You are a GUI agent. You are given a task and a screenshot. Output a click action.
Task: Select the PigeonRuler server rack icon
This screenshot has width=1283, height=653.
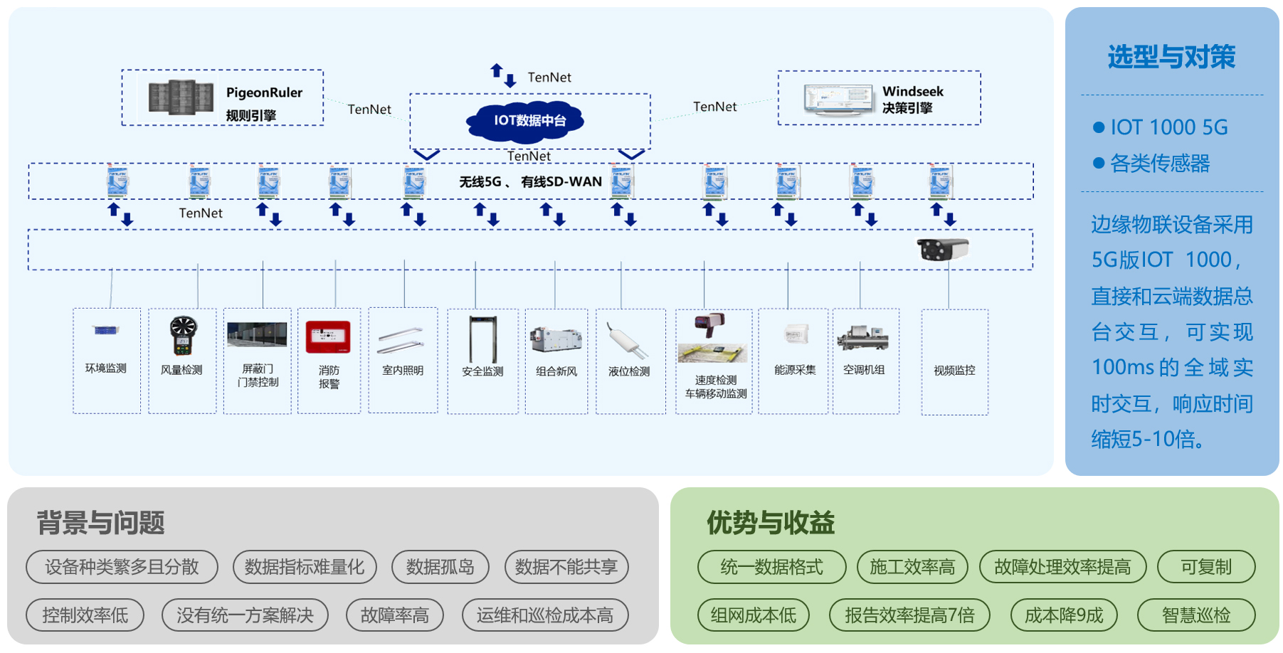181,97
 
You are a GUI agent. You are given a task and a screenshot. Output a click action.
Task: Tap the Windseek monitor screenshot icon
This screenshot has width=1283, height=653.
838,99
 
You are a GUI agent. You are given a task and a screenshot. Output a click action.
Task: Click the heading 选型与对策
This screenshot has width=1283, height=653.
1171,57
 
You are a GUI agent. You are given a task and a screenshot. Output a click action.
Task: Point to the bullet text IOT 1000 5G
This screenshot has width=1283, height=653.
1168,127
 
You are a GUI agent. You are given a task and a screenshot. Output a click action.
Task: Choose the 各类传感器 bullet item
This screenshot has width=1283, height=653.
1159,164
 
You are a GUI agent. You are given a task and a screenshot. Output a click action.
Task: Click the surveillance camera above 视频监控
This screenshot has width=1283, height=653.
943,249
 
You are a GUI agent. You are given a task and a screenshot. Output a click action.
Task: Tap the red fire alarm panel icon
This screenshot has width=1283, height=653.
328,337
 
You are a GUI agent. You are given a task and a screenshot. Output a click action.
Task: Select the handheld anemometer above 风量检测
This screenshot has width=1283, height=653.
183,335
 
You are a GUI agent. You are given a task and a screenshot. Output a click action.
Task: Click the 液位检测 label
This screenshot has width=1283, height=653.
629,371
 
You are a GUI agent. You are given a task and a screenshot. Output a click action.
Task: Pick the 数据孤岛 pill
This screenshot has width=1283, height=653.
440,567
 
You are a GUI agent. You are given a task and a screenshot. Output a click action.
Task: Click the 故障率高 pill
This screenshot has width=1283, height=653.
394,615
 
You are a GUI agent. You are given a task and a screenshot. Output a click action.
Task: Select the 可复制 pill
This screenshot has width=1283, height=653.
1205,567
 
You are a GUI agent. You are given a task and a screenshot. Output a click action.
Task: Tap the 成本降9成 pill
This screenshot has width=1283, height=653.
1063,615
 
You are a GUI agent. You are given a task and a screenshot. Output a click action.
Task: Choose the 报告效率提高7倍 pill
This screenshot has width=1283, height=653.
909,615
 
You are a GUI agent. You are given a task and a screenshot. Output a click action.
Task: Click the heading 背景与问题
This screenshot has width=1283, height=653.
100,523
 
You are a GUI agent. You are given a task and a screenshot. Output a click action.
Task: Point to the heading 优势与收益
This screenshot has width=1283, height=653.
771,523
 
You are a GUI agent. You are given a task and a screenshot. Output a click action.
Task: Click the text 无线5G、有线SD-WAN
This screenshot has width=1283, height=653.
530,182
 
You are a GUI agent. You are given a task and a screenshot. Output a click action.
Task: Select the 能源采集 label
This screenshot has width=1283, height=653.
795,370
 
